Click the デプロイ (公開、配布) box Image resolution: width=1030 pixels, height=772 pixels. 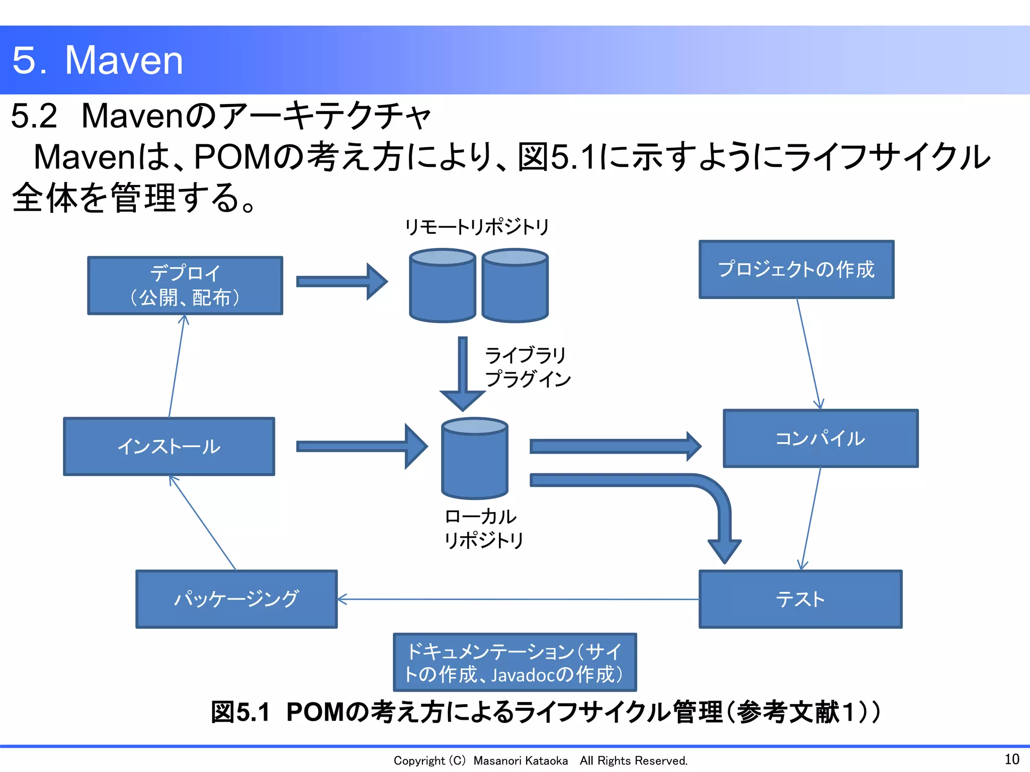click(185, 285)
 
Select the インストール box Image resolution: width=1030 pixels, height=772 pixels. click(169, 446)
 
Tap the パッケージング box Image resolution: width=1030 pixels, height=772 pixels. click(236, 599)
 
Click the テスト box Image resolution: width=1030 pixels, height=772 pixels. click(800, 599)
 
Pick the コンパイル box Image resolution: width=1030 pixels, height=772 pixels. click(820, 438)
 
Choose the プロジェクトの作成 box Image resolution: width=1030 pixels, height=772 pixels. click(796, 269)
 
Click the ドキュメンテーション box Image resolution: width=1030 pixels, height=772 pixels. click(514, 662)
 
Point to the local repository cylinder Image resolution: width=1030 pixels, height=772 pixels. click(474, 460)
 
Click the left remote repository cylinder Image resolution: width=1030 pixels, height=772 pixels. click(442, 286)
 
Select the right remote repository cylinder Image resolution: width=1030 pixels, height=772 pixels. click(515, 286)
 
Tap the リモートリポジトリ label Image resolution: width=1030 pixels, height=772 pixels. click(477, 227)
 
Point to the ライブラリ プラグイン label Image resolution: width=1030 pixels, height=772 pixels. click(527, 367)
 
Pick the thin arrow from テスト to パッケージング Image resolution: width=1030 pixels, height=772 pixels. click(518, 599)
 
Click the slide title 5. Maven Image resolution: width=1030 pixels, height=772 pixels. click(98, 60)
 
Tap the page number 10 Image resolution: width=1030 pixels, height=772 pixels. click(1011, 759)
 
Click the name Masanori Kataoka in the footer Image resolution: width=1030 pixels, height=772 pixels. click(521, 760)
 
